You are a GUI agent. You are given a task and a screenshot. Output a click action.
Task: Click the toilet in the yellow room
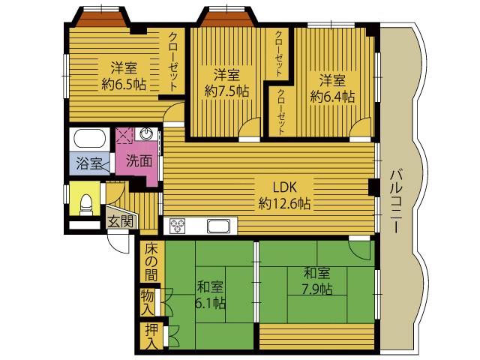pyautogui.click(x=86, y=205)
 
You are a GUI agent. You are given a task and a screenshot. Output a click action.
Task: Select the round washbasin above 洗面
pyautogui.click(x=147, y=133)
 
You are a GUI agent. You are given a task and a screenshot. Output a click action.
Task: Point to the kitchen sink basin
pyautogui.click(x=218, y=226)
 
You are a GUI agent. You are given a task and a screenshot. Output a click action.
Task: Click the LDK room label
pyautogui.click(x=284, y=187)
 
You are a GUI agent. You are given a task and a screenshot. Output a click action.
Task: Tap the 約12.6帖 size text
pyautogui.click(x=284, y=203)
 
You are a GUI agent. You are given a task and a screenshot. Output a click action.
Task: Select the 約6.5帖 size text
pyautogui.click(x=124, y=84)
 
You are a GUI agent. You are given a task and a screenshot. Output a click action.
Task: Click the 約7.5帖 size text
pyautogui.click(x=226, y=91)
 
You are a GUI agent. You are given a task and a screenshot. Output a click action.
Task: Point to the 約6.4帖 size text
pyautogui.click(x=332, y=97)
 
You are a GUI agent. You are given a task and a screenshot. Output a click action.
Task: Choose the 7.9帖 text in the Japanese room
pyautogui.click(x=317, y=289)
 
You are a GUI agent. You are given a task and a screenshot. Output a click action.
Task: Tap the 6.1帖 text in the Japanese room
pyautogui.click(x=211, y=303)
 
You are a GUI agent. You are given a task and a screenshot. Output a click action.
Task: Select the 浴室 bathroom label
pyautogui.click(x=89, y=163)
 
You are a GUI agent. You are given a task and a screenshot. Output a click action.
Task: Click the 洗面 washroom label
pyautogui.click(x=139, y=161)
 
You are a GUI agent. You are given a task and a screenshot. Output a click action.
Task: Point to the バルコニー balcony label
pyautogui.click(x=396, y=201)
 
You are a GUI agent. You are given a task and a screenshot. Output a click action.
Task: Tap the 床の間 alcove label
pyautogui.click(x=151, y=262)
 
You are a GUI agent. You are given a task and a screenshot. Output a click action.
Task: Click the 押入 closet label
pyautogui.click(x=151, y=337)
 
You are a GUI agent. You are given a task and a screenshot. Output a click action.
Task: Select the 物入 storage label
pyautogui.click(x=147, y=303)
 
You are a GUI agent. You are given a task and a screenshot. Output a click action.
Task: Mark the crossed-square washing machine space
pyautogui.click(x=124, y=136)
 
